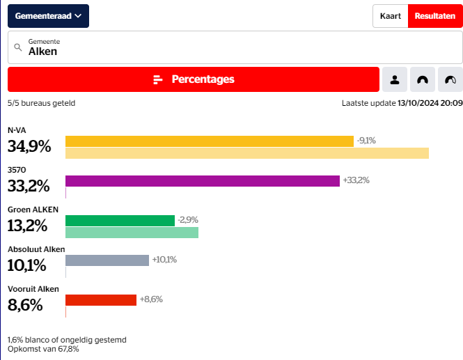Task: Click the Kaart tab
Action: (390, 16)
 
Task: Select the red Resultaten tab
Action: (434, 16)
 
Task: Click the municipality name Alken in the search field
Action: (43, 52)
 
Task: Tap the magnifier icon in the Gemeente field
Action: (18, 47)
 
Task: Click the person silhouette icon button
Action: (395, 79)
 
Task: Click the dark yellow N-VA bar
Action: (209, 141)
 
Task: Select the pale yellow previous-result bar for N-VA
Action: (246, 153)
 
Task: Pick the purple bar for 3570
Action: (202, 181)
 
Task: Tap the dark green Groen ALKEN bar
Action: (120, 221)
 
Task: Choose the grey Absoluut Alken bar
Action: (107, 260)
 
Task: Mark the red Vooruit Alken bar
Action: (101, 300)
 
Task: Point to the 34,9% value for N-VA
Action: (29, 146)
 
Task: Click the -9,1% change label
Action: (366, 141)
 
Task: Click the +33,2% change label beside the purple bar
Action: (356, 180)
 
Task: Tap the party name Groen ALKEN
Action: (33, 210)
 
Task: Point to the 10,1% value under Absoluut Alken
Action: (26, 265)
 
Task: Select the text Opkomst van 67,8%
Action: (43, 349)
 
